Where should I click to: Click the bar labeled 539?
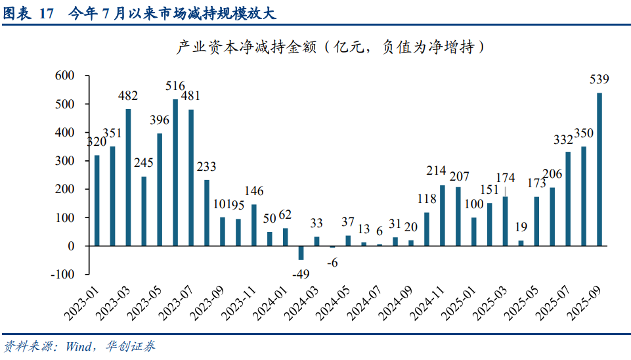(x=599, y=169)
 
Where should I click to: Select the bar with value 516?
(x=175, y=172)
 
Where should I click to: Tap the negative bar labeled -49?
(x=301, y=253)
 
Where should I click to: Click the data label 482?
(x=128, y=96)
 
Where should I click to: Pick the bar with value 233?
(x=207, y=212)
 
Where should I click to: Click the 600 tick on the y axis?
(x=65, y=76)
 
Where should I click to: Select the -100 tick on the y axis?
(x=63, y=274)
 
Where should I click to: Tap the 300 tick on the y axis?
(x=65, y=161)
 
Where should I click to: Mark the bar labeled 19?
(x=521, y=243)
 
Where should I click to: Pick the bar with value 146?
(x=253, y=225)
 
